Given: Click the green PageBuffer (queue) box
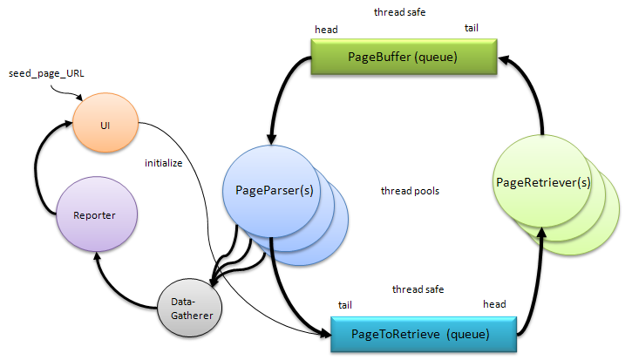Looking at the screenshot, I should (404, 59).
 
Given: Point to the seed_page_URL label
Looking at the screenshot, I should (48, 72).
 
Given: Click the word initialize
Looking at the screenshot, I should (164, 162).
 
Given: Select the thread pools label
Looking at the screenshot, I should (410, 191).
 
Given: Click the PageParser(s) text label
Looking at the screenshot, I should (275, 190).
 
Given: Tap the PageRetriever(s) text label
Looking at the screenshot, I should (543, 182).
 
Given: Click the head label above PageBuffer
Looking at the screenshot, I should (326, 30).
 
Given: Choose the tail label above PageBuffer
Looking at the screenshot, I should (471, 29).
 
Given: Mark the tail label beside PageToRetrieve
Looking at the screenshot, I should (346, 304).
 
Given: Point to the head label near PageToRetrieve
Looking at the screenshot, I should (494, 304).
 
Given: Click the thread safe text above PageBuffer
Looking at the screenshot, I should (400, 12).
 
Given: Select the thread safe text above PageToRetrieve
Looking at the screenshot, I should (418, 289).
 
